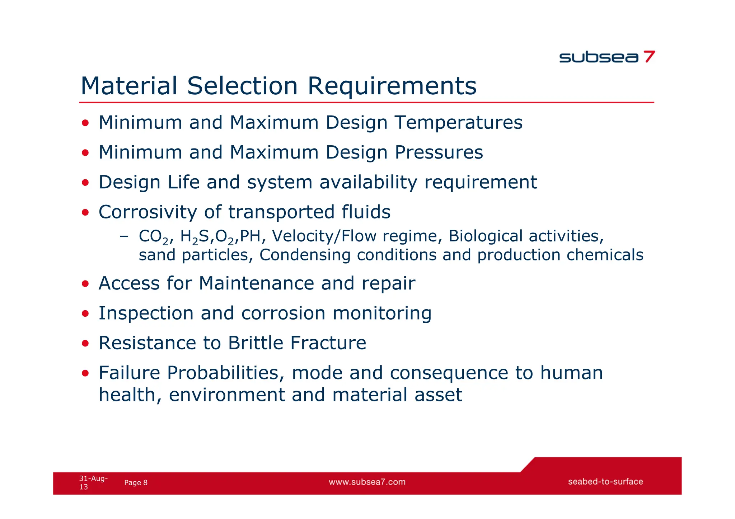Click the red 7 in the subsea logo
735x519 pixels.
(649, 57)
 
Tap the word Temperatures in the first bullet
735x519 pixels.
(459, 123)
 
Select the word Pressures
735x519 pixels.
(439, 152)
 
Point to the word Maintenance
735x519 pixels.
(256, 283)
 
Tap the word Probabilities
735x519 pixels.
(223, 373)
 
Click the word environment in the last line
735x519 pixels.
(226, 395)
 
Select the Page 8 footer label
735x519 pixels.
(136, 483)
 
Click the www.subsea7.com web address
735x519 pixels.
(367, 482)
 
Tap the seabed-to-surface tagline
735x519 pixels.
(605, 482)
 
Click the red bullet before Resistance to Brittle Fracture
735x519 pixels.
(85, 344)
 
